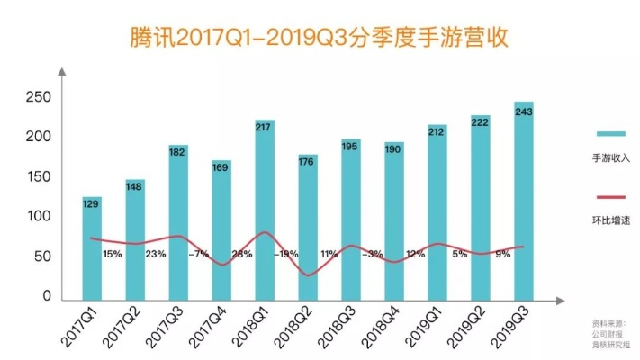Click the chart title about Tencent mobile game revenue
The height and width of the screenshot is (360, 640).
tap(320, 37)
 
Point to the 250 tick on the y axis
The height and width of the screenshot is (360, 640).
tap(40, 96)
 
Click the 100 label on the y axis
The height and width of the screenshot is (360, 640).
tap(40, 217)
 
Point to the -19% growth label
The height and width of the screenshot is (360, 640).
tap(286, 255)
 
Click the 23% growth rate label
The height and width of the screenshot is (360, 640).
tap(156, 255)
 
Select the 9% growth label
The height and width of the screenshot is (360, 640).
tap(502, 255)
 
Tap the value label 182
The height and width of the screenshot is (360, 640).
tap(178, 152)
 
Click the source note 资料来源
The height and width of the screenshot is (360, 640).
tap(608, 322)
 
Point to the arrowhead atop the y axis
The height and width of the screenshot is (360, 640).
tap(61, 71)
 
